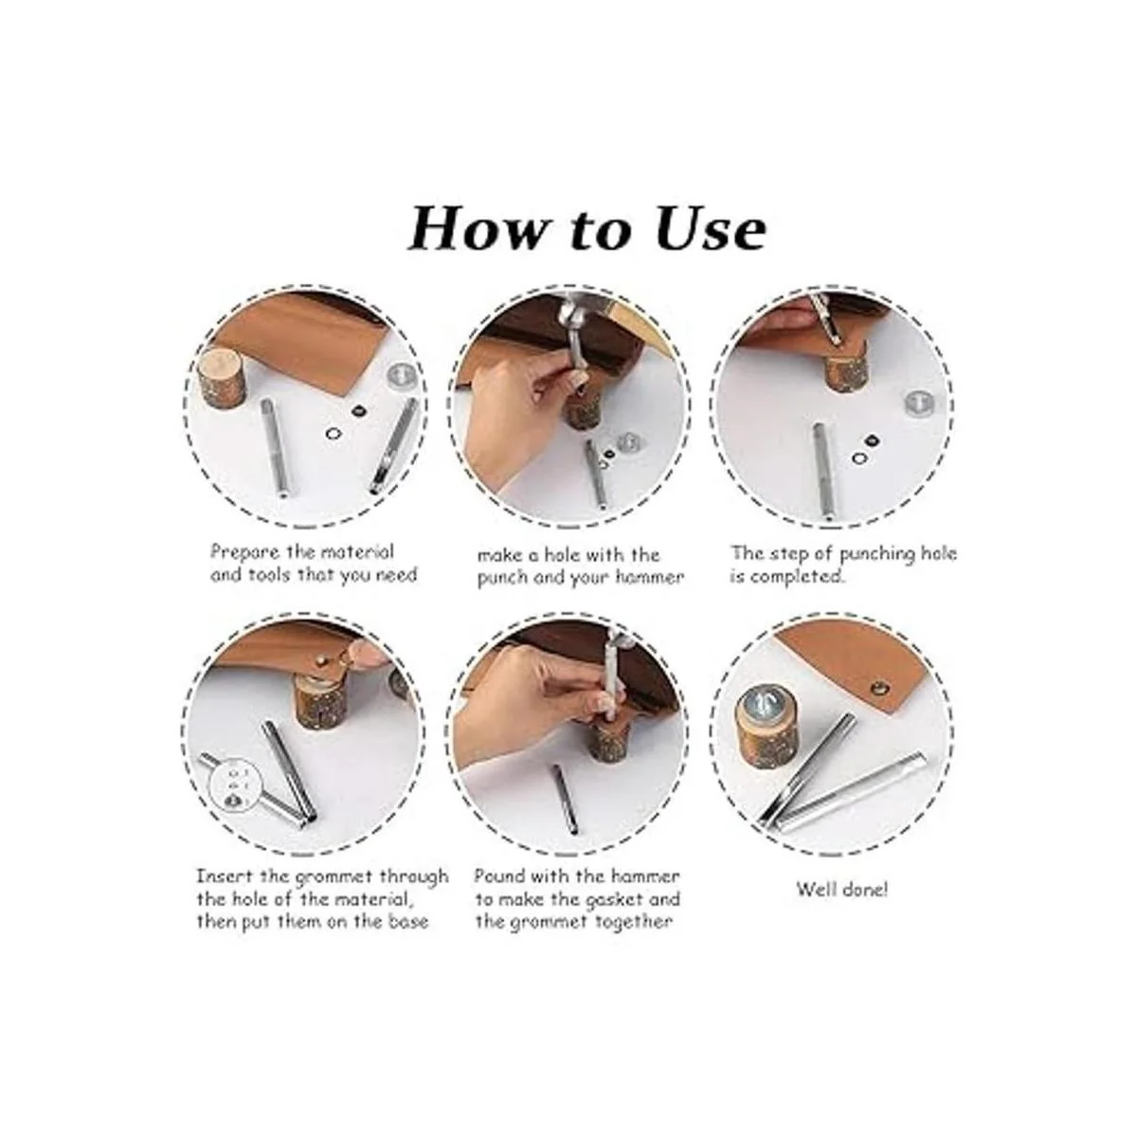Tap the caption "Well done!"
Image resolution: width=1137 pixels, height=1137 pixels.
[842, 906]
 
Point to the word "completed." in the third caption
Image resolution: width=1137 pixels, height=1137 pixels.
[787, 576]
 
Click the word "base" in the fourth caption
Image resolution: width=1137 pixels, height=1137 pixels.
[407, 921]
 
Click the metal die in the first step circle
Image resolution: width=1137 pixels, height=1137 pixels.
[403, 374]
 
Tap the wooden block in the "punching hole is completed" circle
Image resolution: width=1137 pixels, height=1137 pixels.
[845, 371]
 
